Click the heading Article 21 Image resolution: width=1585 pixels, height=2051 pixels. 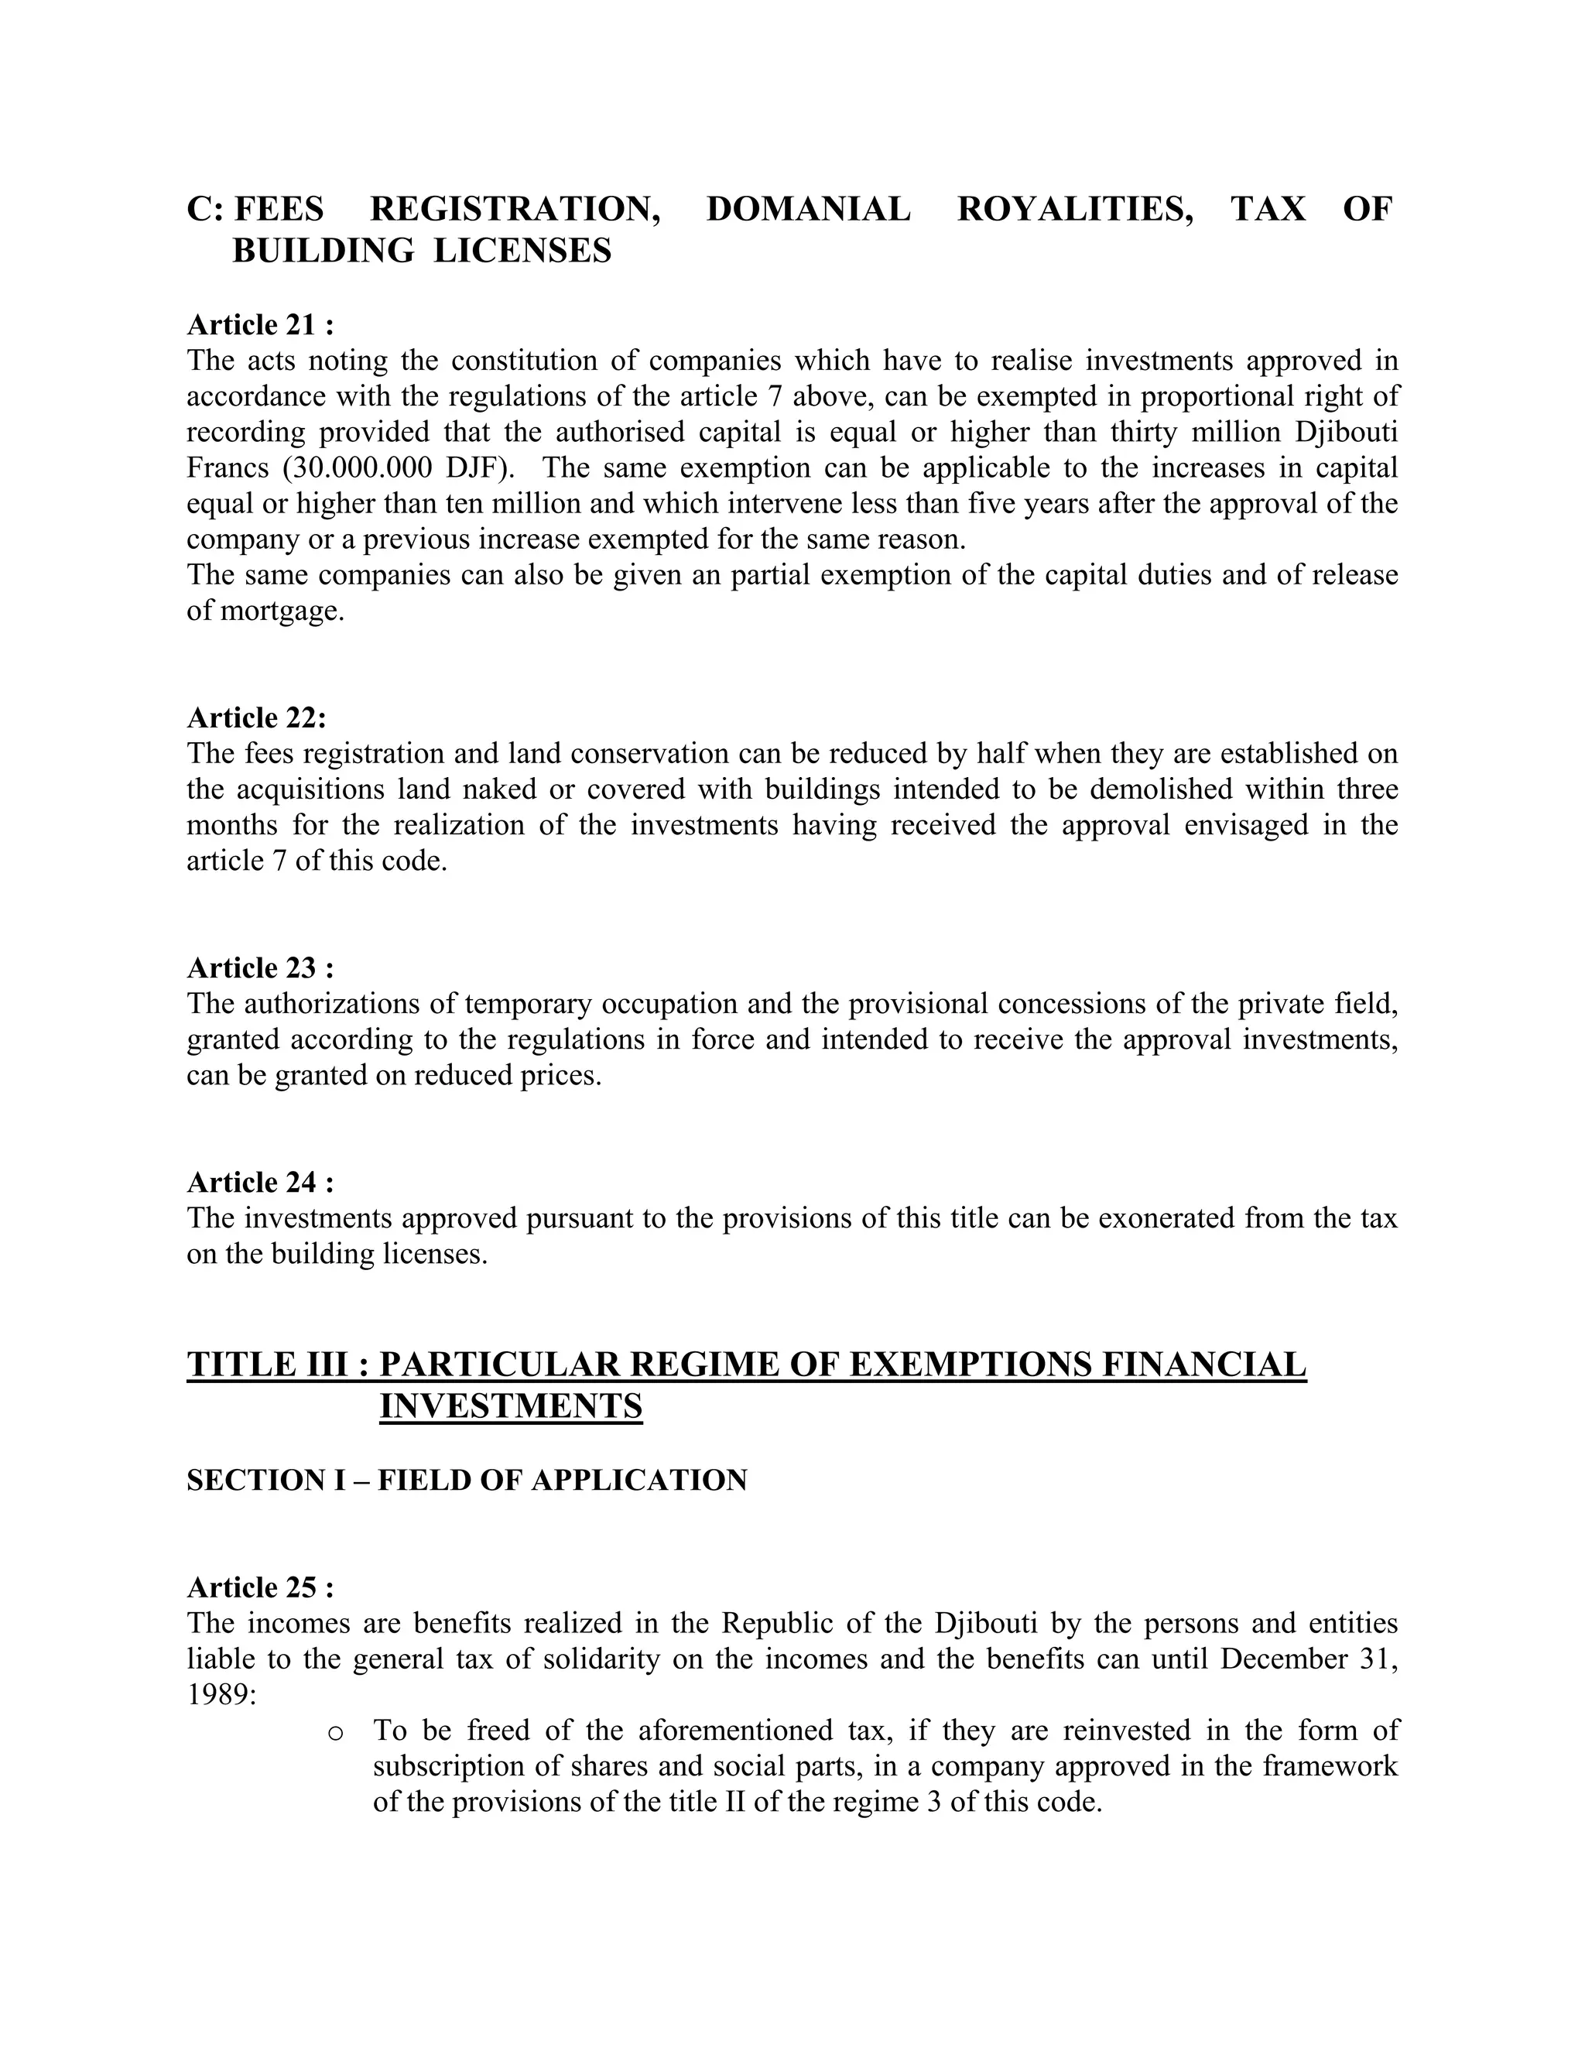[260, 325]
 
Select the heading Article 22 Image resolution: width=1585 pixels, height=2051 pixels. [256, 717]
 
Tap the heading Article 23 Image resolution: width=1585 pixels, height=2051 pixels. [260, 967]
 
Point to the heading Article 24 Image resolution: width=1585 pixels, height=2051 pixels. [260, 1181]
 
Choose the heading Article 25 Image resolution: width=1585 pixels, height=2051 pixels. [260, 1587]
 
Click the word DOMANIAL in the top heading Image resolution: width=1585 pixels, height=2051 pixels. [807, 208]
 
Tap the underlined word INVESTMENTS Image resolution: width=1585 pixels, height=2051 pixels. [511, 1406]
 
